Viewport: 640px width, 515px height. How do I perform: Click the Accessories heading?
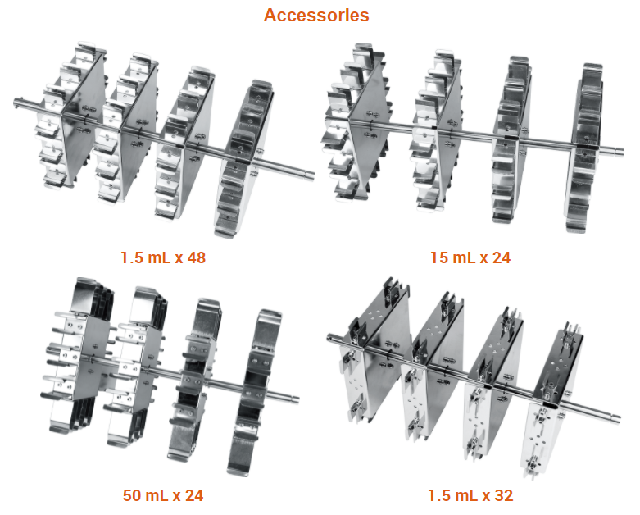coord(316,15)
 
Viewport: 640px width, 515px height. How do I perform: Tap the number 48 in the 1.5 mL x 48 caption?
coord(197,257)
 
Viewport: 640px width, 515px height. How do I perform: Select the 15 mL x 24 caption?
coord(470,257)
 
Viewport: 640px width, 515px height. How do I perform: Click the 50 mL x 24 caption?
coord(163,495)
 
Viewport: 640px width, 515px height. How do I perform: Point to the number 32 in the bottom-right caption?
coord(504,495)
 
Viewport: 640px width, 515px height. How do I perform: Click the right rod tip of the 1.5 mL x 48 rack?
coord(313,175)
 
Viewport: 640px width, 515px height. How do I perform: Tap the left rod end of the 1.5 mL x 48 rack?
coord(16,103)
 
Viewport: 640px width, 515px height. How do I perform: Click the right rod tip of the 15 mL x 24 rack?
coord(621,152)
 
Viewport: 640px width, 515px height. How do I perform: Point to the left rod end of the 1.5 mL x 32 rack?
coord(329,337)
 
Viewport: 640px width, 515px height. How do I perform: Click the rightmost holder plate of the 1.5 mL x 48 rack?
coord(243,159)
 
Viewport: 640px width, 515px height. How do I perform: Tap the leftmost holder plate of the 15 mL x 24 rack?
coord(357,122)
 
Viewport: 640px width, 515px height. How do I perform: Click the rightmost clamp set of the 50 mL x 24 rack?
coord(255,393)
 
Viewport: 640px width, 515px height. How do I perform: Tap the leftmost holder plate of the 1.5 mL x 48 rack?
coord(70,116)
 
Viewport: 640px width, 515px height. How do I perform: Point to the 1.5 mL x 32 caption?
coord(470,495)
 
